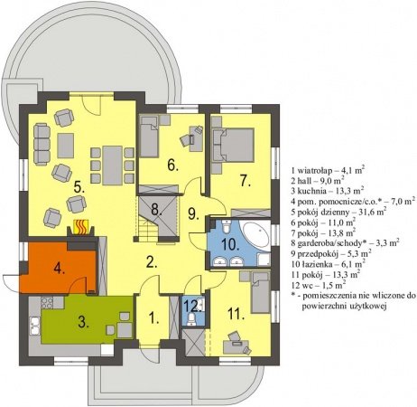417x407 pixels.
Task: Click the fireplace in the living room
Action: (81, 227)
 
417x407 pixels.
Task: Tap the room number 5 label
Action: (79, 187)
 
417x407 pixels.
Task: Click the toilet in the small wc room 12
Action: (191, 319)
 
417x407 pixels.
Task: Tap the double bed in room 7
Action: (234, 145)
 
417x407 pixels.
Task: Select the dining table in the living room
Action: (112, 166)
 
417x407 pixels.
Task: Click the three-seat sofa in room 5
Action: (42, 145)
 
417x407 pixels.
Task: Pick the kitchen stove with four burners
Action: (47, 302)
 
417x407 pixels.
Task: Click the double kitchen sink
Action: (34, 326)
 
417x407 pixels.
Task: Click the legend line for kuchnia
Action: (328, 191)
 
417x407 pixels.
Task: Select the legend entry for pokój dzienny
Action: (338, 212)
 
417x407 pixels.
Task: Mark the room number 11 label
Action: (236, 314)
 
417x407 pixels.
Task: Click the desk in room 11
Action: (236, 346)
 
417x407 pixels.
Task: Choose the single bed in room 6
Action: (149, 137)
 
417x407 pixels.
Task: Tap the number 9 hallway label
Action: (194, 213)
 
